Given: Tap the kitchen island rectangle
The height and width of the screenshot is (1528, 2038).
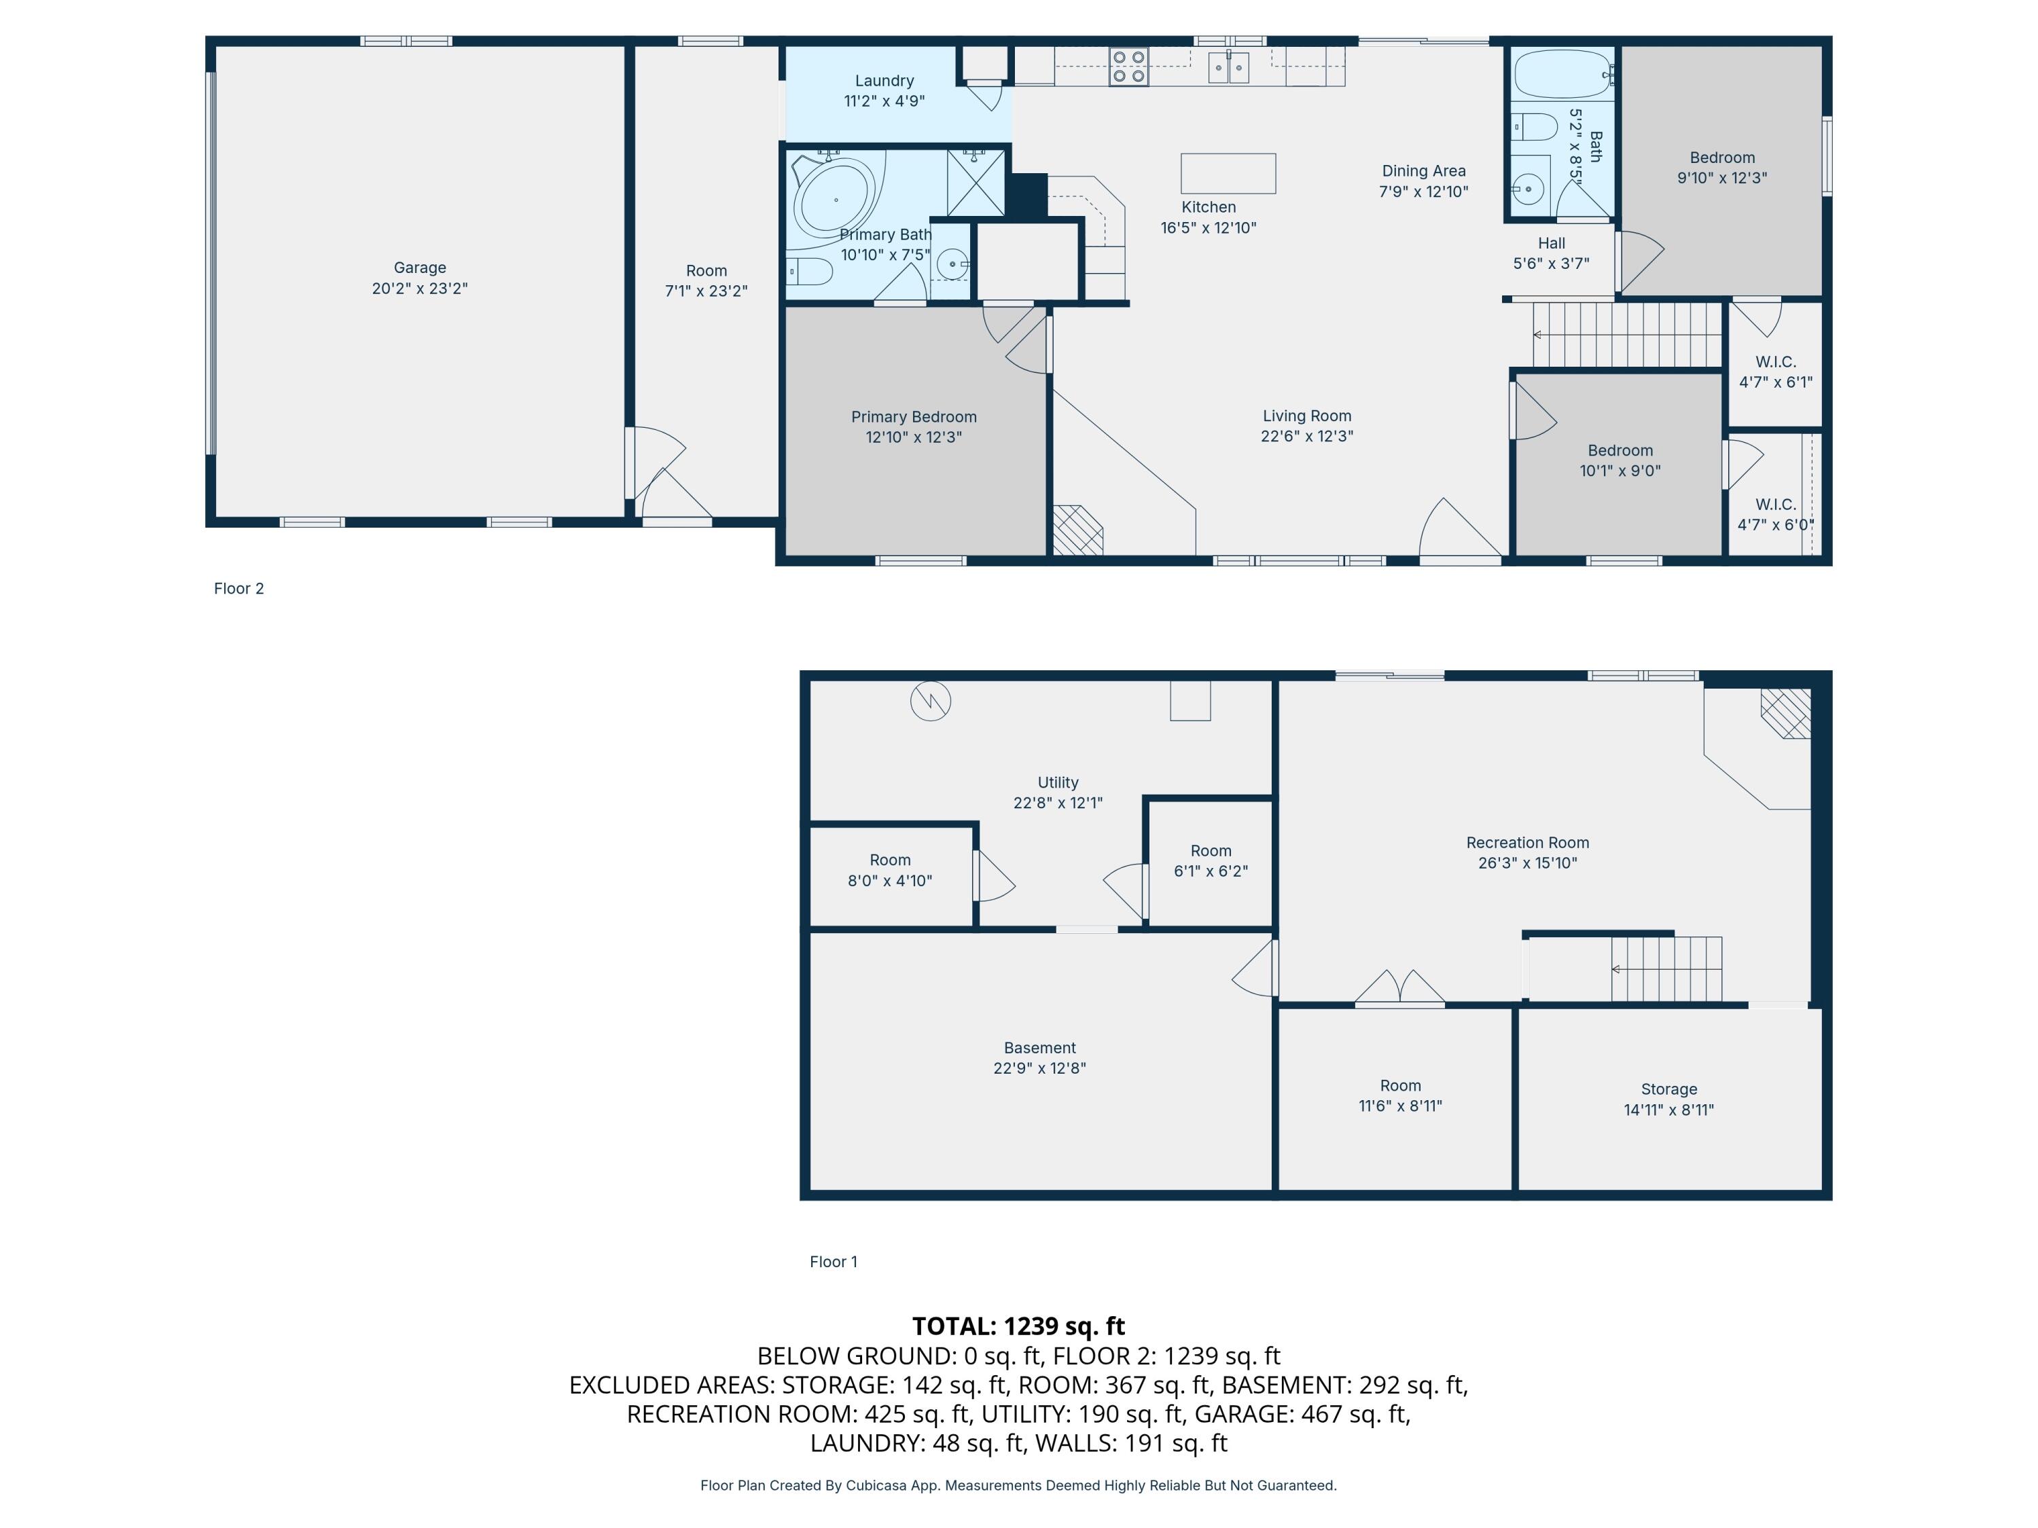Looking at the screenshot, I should pyautogui.click(x=1228, y=173).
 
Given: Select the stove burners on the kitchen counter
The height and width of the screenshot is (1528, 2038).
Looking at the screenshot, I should pyautogui.click(x=1128, y=67).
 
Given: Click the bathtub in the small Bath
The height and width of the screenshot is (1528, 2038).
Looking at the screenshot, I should pyautogui.click(x=1562, y=73).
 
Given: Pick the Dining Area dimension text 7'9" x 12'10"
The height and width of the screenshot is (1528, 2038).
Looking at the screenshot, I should pyautogui.click(x=1423, y=192).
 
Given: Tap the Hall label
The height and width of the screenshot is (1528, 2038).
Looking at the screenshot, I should pyautogui.click(x=1551, y=243).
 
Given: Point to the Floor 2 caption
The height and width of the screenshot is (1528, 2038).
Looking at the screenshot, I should pyautogui.click(x=238, y=589).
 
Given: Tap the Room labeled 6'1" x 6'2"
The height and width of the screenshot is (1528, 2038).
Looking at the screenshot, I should pyautogui.click(x=1210, y=860).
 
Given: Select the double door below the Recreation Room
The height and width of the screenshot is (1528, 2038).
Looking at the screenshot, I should pyautogui.click(x=1399, y=987).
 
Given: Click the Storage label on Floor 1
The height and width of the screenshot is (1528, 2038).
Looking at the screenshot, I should pyautogui.click(x=1668, y=1089).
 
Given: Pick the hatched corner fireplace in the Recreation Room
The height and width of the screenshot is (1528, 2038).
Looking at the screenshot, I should pyautogui.click(x=1785, y=713).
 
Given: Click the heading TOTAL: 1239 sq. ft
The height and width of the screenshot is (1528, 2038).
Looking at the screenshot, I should pyautogui.click(x=1018, y=1326).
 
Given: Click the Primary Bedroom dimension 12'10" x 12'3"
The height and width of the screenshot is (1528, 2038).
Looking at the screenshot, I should pyautogui.click(x=913, y=437).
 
